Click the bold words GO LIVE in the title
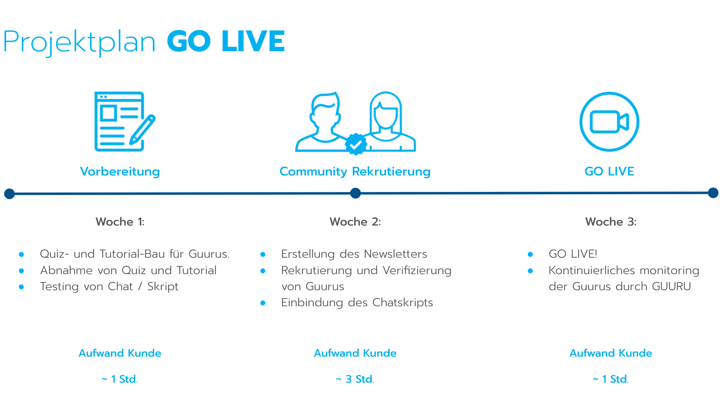click(226, 41)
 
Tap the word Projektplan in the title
click(79, 42)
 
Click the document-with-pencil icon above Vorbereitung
click(125, 122)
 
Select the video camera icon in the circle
click(609, 122)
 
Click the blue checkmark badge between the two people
click(356, 144)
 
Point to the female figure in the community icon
click(388, 121)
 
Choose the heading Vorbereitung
click(120, 171)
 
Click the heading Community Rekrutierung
click(355, 172)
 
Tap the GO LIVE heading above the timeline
click(609, 171)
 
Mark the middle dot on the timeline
click(356, 193)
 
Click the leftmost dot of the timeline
click(10, 194)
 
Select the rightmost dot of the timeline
click(713, 193)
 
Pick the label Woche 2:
click(355, 222)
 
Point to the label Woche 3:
click(611, 222)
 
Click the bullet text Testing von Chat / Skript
click(109, 287)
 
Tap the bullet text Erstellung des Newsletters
click(354, 254)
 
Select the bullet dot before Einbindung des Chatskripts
click(263, 303)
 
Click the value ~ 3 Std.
click(355, 379)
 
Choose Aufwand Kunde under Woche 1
click(120, 353)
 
